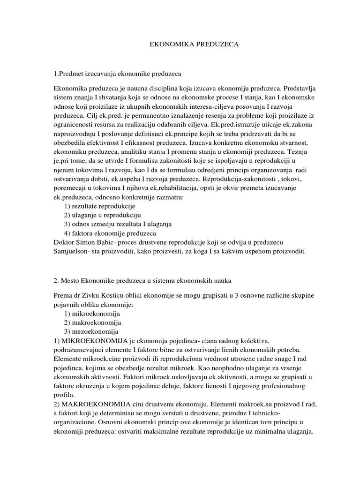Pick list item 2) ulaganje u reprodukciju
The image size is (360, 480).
coord(102,215)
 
